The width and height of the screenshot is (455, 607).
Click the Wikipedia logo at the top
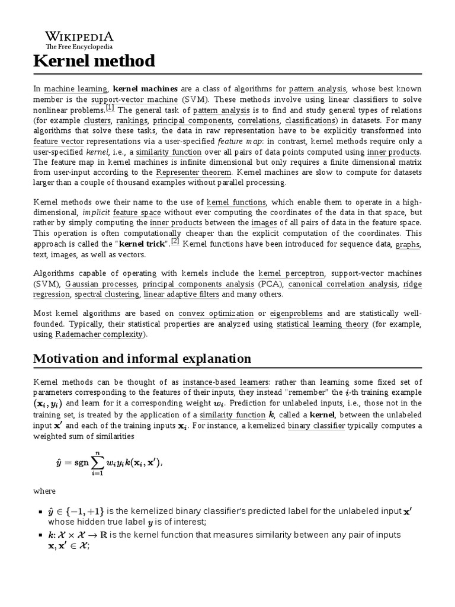[x=79, y=39]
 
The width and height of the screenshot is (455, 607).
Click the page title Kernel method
[x=94, y=60]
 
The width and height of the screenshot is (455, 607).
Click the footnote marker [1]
[x=110, y=107]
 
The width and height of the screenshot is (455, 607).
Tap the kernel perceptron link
[x=291, y=274]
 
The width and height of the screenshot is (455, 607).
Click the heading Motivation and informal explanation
[x=142, y=359]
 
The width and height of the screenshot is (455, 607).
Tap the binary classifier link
[x=316, y=426]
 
